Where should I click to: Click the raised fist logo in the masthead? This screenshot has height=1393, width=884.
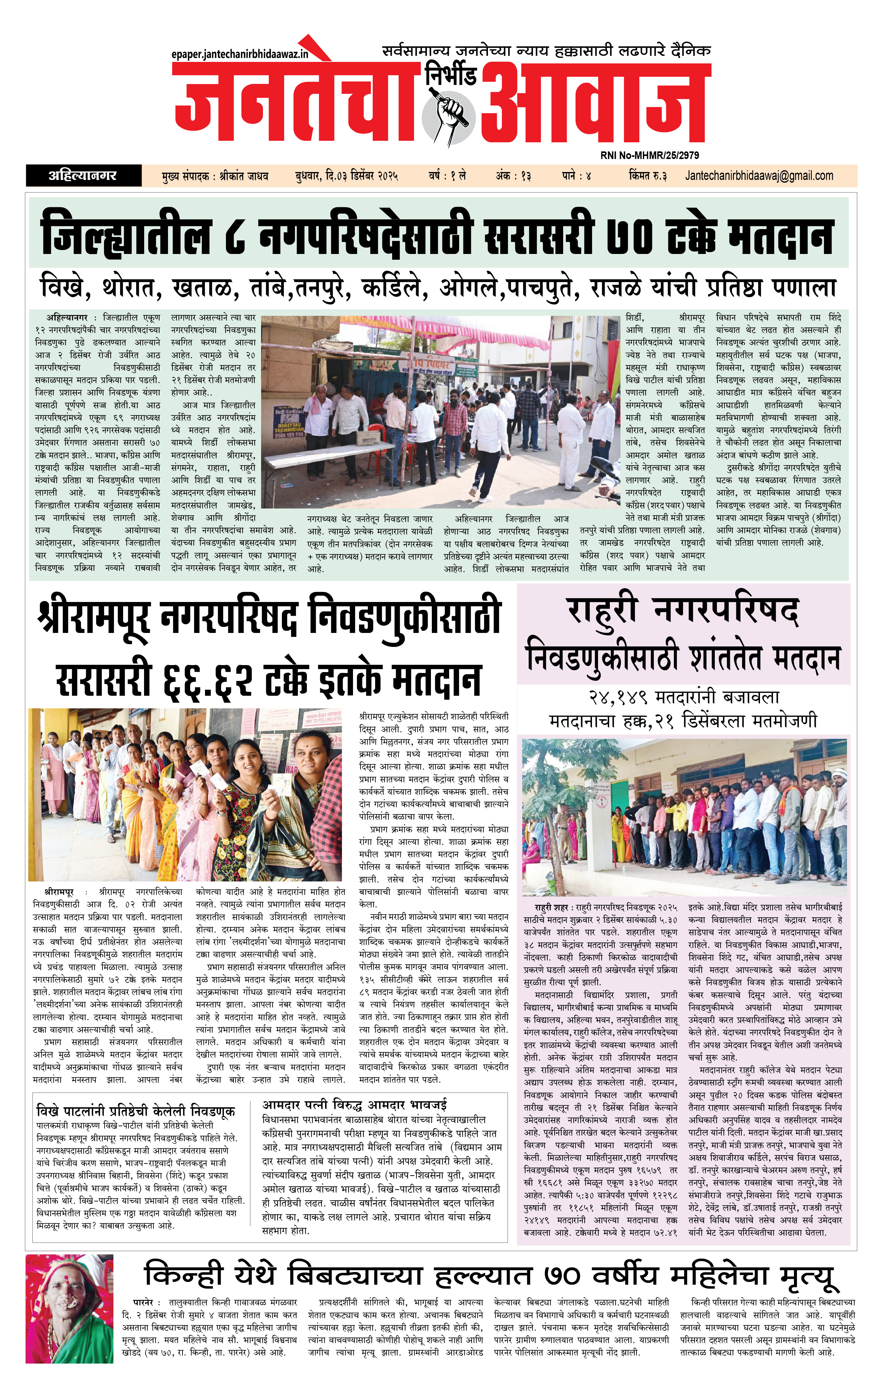(x=449, y=113)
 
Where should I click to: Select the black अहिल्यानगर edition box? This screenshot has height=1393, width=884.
(x=83, y=175)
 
